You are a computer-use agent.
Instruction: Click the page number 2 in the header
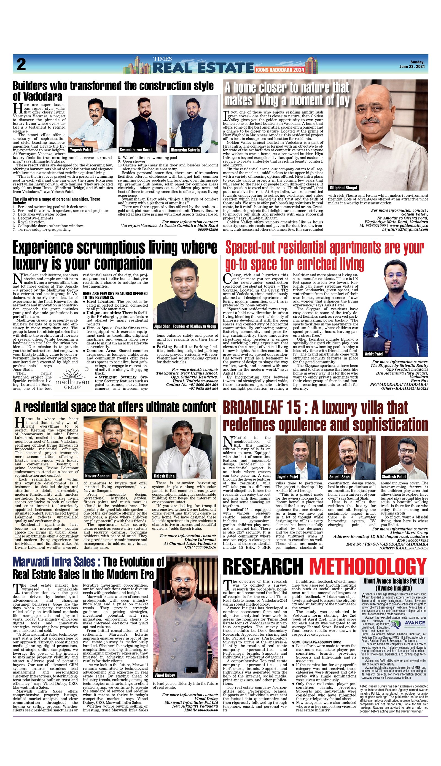point(21,64)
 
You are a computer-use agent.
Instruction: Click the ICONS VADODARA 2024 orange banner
point(279,70)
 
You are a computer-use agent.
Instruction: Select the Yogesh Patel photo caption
point(80,150)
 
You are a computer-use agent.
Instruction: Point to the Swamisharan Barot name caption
point(131,150)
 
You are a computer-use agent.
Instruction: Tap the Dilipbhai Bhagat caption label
point(343,188)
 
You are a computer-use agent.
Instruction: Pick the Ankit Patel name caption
point(374,354)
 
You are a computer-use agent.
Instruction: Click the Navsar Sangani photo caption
point(98,476)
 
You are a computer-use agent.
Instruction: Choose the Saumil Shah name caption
point(339,477)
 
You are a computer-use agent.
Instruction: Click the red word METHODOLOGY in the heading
point(368,567)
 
